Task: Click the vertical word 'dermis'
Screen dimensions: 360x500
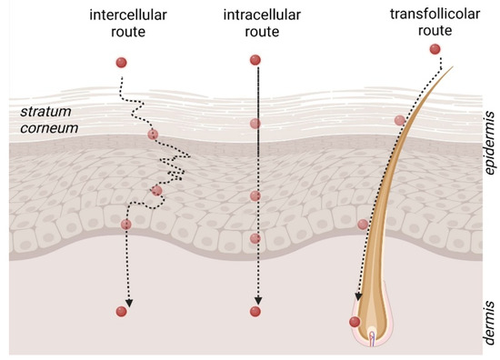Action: click(x=489, y=323)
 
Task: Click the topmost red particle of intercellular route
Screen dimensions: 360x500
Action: click(x=121, y=62)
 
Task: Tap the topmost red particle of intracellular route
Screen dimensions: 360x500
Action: click(x=255, y=61)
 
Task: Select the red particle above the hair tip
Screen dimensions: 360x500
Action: click(x=435, y=48)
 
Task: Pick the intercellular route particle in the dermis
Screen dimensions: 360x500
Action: click(x=122, y=312)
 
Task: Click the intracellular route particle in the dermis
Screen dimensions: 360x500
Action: click(x=255, y=312)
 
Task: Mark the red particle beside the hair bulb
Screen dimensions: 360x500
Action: click(x=355, y=321)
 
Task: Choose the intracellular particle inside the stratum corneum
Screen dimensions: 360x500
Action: click(x=255, y=123)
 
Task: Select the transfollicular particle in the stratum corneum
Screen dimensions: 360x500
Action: click(x=399, y=120)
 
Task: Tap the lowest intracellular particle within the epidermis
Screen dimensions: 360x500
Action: click(x=255, y=239)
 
